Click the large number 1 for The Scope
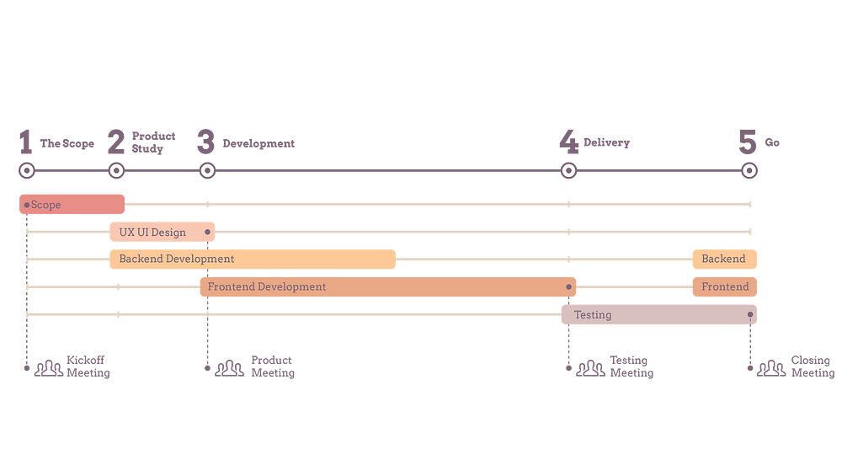point(26,142)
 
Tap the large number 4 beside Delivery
point(568,142)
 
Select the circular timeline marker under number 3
point(207,171)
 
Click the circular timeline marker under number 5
point(749,171)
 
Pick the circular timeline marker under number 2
point(116,171)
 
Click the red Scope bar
point(72,204)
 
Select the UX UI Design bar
point(163,232)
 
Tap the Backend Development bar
point(253,259)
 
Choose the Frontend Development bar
point(387,287)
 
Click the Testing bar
point(659,314)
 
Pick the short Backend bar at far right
point(724,259)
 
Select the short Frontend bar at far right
point(724,287)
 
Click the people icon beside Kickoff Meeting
point(49,368)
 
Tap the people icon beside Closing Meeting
point(771,368)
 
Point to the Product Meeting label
point(273,366)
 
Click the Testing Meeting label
point(631,366)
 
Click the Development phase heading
point(258,143)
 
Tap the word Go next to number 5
point(772,142)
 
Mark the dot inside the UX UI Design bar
point(207,232)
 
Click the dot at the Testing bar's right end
point(750,314)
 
